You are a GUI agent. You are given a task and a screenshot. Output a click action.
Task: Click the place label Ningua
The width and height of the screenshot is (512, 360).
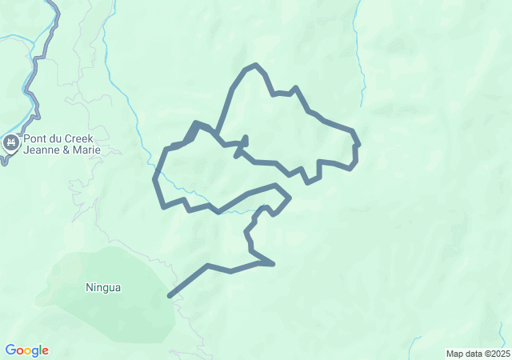pos(103,287)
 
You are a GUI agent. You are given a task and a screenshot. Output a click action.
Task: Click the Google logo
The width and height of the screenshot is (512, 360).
pos(26,350)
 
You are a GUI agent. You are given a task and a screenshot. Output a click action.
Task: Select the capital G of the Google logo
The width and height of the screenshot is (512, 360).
pos(10,350)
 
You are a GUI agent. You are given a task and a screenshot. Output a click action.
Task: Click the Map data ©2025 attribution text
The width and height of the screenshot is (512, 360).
pos(477,354)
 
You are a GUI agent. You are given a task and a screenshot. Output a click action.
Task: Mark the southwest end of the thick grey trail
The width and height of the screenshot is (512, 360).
pos(169,297)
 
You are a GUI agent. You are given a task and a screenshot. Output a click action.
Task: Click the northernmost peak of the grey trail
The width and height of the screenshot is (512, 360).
pos(256,65)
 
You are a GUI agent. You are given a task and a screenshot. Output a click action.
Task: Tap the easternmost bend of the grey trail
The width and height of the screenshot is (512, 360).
pos(359,145)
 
